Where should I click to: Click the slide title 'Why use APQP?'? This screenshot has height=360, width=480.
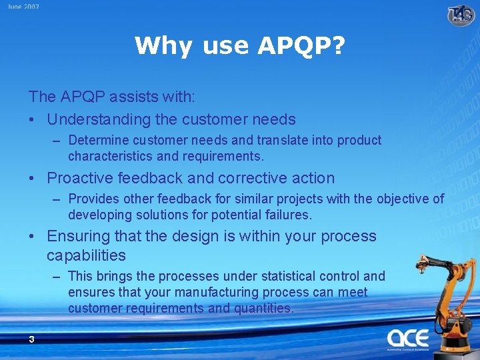240,45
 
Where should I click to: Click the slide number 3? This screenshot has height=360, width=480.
31,339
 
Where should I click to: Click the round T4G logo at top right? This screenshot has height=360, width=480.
461,14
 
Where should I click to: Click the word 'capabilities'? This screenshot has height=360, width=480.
86,255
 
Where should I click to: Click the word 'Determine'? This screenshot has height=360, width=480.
98,141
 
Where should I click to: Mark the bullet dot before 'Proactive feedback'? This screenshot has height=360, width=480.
33,179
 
